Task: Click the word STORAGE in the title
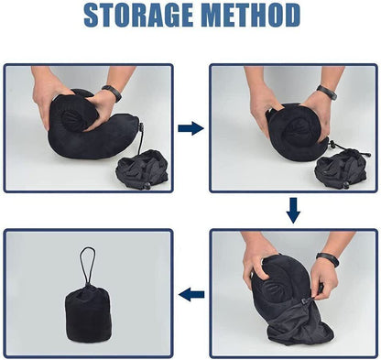[x=138, y=16]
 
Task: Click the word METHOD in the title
[x=248, y=16]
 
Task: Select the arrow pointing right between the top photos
[x=190, y=128]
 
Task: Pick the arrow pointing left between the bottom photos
[x=190, y=294]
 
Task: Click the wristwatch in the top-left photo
[x=112, y=93]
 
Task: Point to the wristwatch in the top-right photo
[x=326, y=93]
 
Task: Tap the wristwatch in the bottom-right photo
[x=327, y=260]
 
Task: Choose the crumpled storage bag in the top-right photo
[x=339, y=169]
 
